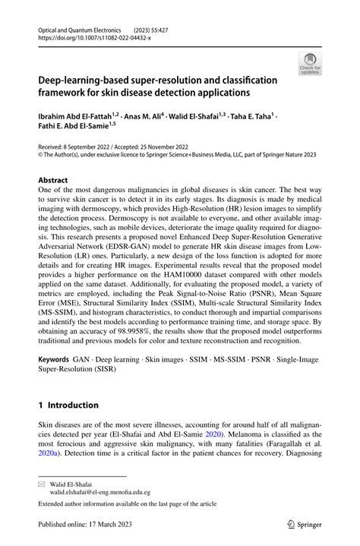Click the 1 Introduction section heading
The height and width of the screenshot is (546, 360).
[68, 405]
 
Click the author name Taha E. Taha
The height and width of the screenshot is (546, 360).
[251, 118]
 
